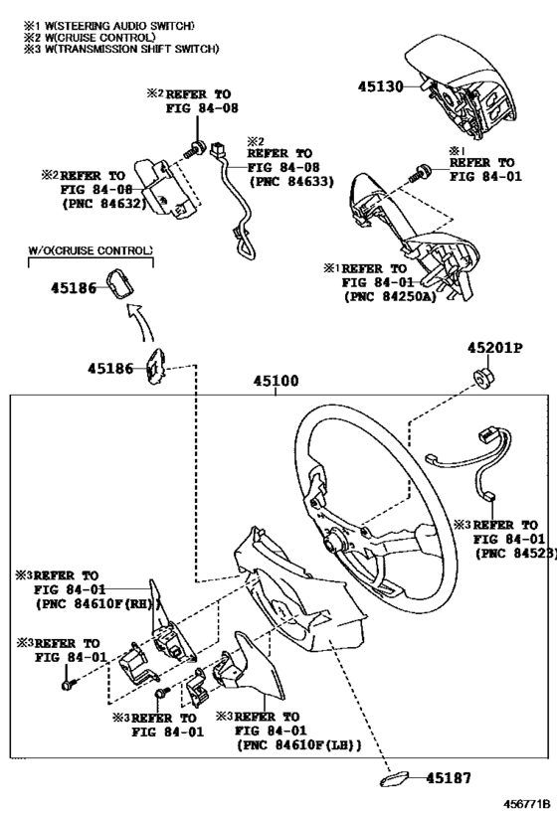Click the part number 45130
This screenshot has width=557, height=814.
(380, 86)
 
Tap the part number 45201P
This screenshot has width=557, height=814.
(494, 347)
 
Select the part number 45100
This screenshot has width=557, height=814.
(276, 381)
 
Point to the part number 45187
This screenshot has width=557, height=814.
(449, 777)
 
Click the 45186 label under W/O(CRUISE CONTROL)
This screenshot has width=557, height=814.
(74, 288)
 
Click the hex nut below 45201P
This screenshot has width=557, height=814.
(484, 377)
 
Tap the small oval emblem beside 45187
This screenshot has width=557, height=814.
(394, 778)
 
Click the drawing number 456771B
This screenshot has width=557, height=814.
(527, 804)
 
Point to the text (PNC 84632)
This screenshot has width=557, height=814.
(103, 204)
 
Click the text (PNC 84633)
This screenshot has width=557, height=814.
(291, 182)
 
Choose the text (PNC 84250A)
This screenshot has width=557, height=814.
(390, 297)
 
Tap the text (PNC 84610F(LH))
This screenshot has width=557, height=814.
(299, 745)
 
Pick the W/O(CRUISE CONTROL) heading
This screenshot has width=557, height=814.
(91, 250)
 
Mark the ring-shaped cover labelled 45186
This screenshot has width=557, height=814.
(120, 283)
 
